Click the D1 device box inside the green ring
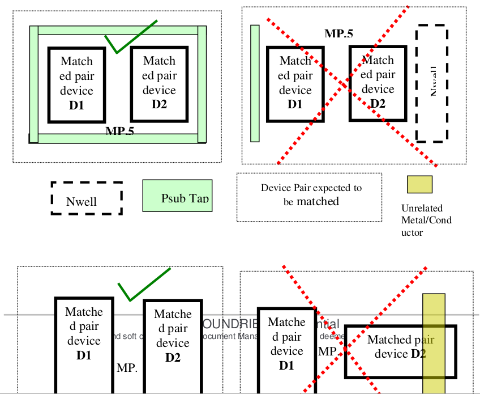tap(76, 84)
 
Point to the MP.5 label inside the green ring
tap(120, 132)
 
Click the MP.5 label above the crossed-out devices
tap(338, 33)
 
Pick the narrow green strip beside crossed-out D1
tap(255, 83)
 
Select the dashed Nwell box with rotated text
tap(432, 83)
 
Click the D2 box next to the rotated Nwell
tap(378, 83)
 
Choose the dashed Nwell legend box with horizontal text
tap(87, 198)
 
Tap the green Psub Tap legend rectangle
tap(177, 196)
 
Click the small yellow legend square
tap(419, 185)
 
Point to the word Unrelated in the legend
tap(422, 208)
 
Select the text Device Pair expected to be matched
tap(311, 194)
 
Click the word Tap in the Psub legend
tap(199, 198)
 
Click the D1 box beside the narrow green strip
tap(295, 83)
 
